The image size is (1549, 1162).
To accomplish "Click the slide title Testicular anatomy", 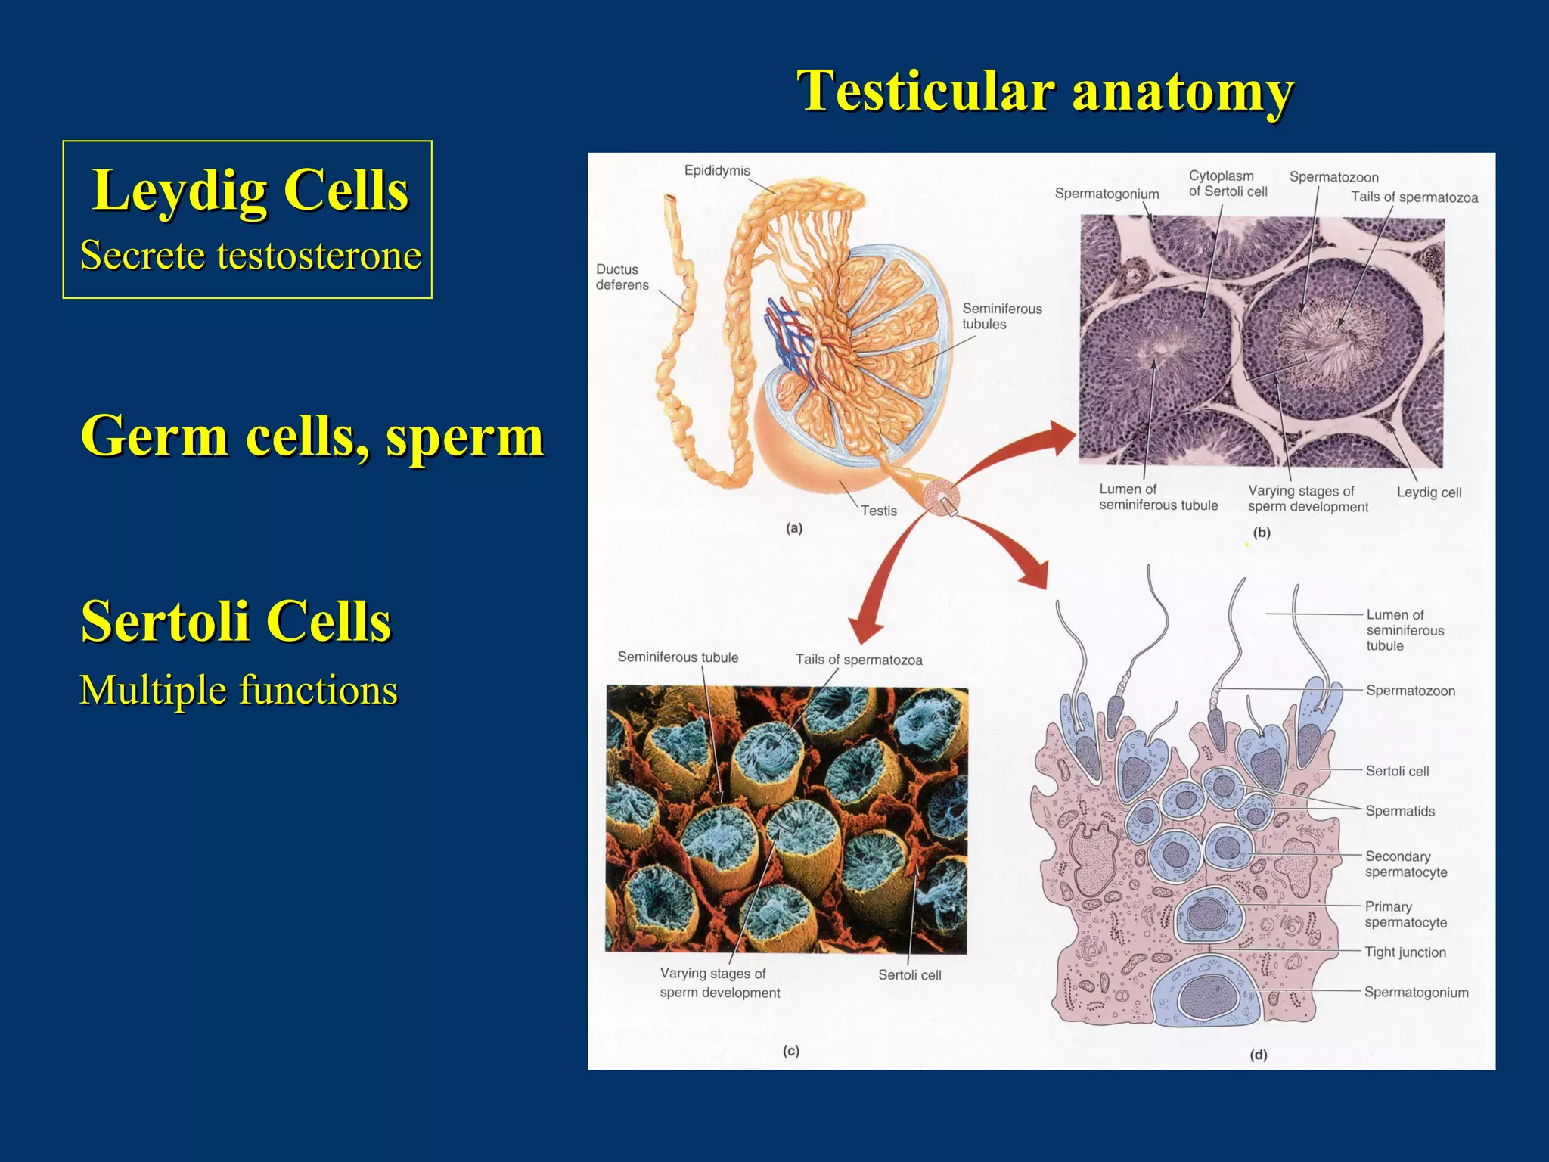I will point(1045,92).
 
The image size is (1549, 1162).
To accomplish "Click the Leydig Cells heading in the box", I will point(250,190).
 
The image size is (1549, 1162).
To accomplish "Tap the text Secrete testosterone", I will point(250,255).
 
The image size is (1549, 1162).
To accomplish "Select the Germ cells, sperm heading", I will point(312,437).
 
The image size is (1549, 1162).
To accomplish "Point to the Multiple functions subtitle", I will point(238,690).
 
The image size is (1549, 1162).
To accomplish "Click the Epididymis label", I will point(716,171).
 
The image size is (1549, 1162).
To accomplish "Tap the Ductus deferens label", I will point(622,277).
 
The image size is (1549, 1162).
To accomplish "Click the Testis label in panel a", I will point(878,511).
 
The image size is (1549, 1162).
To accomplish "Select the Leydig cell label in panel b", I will point(1428,492).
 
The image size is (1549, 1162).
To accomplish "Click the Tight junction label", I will point(1405,952).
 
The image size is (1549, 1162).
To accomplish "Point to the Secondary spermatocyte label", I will point(1405,864).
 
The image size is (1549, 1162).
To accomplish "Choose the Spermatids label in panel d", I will point(1399,811).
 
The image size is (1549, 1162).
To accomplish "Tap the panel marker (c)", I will point(791,1051).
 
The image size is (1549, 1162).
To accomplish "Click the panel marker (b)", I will point(1262,533).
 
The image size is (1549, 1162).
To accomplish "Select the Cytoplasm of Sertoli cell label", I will point(1227,184).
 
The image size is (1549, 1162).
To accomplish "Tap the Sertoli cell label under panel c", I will point(909,975).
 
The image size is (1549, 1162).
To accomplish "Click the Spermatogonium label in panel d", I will point(1416,993).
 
